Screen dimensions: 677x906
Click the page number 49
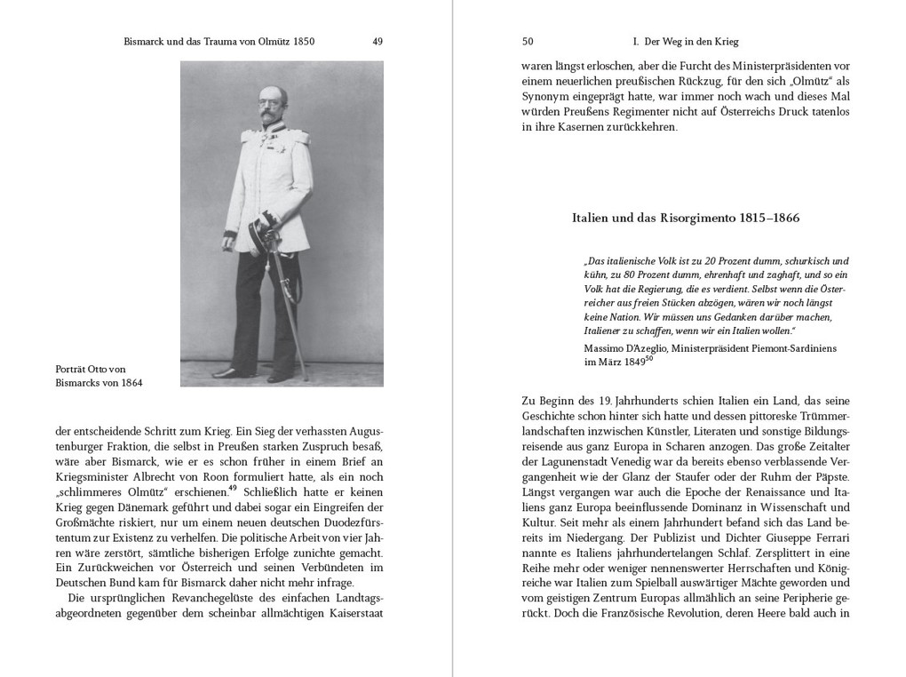[377, 41]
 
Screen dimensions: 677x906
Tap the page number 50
[528, 41]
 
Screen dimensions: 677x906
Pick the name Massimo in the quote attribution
[608, 347]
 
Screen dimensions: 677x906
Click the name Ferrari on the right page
[829, 538]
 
